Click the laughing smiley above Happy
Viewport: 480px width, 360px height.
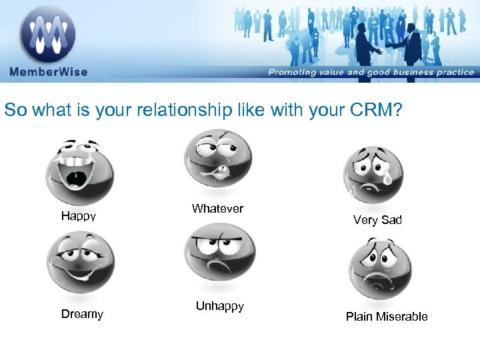[79, 169]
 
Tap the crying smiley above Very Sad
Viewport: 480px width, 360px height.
[373, 173]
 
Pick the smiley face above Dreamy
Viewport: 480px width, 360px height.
[81, 261]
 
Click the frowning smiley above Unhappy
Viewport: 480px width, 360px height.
[219, 255]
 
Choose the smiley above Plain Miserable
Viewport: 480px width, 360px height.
[380, 268]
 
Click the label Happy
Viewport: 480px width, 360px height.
[79, 216]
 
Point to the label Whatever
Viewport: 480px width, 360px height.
[217, 209]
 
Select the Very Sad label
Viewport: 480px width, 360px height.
[377, 220]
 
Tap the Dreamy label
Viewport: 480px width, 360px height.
[82, 314]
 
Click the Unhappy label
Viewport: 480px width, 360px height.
[219, 306]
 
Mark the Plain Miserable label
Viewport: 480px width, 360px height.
[387, 317]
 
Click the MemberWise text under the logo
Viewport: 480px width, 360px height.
[48, 72]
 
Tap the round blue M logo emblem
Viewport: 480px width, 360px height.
[47, 33]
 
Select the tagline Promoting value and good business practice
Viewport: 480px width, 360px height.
[371, 72]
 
